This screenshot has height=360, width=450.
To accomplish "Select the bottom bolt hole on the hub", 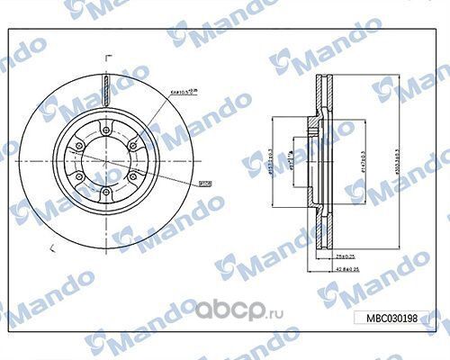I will pos(106,192).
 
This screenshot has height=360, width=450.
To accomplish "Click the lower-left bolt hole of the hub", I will pos(77,175).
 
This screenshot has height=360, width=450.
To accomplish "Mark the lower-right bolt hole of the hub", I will pos(135,175).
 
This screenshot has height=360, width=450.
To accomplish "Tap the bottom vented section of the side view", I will pos(323,225).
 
